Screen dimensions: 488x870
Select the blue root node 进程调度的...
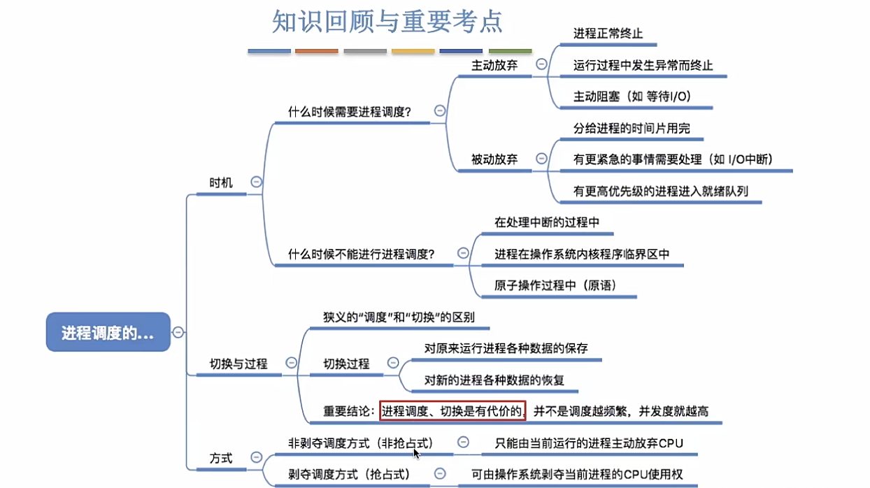108,332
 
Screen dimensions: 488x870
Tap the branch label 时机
221,182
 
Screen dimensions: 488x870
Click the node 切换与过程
238,364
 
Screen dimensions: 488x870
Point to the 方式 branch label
221,459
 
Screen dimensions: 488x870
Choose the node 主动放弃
494,65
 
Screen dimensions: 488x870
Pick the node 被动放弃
494,159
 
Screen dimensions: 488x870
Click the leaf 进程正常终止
608,33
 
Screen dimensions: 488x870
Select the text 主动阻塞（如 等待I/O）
632,96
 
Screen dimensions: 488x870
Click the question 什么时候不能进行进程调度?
361,254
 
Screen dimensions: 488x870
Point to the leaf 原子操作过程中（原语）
556,285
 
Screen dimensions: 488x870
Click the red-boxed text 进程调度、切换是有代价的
452,410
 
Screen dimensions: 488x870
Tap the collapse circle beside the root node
178,332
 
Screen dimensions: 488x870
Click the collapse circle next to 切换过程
393,363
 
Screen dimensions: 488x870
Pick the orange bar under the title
317,51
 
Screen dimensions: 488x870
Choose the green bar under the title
510,51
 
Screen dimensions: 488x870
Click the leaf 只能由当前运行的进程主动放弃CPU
588,443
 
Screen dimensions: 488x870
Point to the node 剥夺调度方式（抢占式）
349,475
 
